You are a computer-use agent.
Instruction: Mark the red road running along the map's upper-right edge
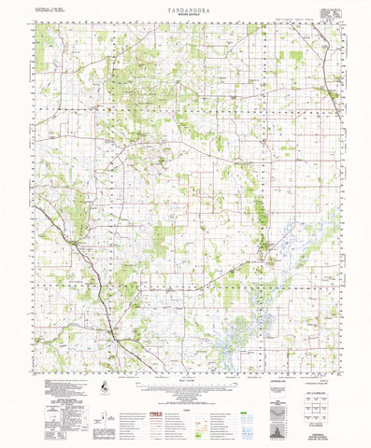(322, 65)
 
